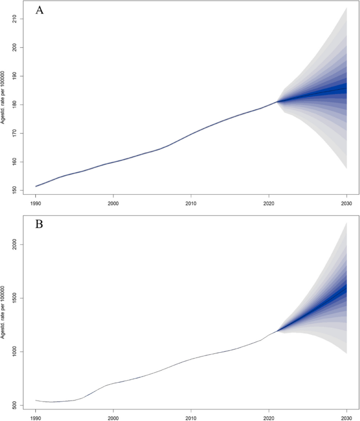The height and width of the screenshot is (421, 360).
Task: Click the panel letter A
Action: (39, 10)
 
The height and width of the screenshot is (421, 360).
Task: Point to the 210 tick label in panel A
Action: (13, 19)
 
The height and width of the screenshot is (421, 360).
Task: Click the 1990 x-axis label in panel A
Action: (36, 203)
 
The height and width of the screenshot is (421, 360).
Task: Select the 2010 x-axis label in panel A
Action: (191, 203)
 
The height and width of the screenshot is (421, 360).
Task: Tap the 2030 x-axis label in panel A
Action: (346, 203)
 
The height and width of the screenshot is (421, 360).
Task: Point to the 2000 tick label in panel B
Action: (13, 245)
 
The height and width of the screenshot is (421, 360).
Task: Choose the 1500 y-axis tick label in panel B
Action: (13, 298)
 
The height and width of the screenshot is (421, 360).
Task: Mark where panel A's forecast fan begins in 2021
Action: (277, 101)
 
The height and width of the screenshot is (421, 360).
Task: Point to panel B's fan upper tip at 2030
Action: (346, 223)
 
